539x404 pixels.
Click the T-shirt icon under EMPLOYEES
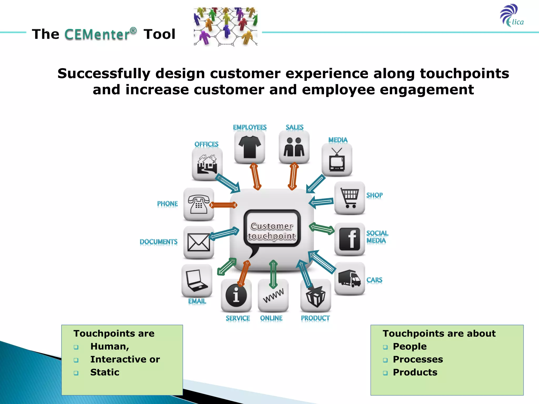tap(249, 147)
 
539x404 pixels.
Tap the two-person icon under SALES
tap(294, 147)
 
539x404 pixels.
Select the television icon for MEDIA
tap(337, 160)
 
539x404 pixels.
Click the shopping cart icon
tap(350, 198)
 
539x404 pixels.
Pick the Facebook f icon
tap(350, 239)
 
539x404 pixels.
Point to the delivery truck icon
tap(350, 278)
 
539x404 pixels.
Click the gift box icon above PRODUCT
tap(316, 296)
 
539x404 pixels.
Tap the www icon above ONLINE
tap(273, 295)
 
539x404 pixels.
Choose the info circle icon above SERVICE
tap(236, 295)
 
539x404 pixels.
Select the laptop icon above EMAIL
tap(197, 281)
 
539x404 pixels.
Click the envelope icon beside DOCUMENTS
tap(198, 242)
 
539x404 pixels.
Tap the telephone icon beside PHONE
tap(198, 204)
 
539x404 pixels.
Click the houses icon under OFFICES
tap(207, 164)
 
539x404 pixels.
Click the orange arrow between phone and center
tap(223, 205)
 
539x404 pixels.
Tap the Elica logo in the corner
tap(511, 16)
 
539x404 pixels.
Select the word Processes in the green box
tap(418, 359)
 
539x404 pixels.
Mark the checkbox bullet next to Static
tap(76, 373)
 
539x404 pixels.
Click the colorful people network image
tap(226, 27)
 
